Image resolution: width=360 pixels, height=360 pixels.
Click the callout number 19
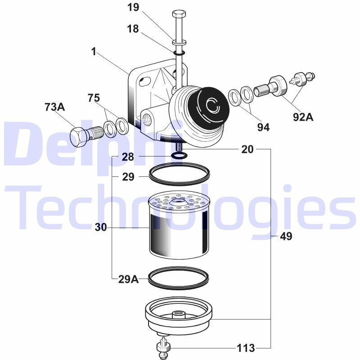[x=133, y=7]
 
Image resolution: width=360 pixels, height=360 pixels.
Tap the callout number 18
[x=133, y=29]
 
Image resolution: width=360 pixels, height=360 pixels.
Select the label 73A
[x=54, y=107]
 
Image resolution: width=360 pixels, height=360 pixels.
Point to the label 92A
[x=303, y=117]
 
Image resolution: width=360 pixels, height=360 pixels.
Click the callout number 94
[x=263, y=127]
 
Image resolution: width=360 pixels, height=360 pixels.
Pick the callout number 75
[x=94, y=98]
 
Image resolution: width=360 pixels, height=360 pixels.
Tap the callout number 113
[x=246, y=348]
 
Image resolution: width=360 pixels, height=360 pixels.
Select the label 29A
[x=129, y=279]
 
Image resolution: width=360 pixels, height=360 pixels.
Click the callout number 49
[x=286, y=236]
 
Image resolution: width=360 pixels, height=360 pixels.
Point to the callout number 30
[x=101, y=227]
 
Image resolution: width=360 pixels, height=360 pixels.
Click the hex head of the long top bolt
[x=179, y=14]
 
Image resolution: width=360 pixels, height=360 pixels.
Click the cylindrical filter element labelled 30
[x=179, y=225]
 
